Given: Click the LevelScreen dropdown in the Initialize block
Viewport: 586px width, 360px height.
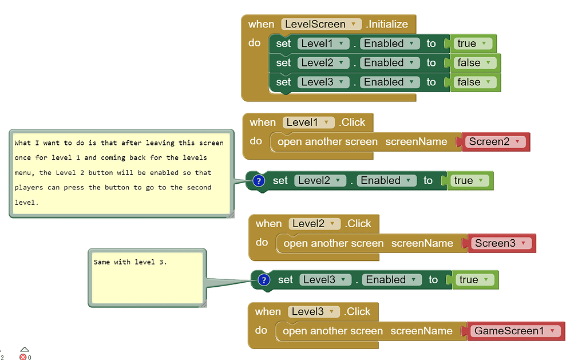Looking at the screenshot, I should [322, 24].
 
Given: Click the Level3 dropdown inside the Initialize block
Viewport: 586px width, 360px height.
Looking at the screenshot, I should [322, 82].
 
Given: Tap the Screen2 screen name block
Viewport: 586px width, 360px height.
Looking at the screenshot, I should [494, 141].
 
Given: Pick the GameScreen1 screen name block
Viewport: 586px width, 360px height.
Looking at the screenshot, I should [513, 331].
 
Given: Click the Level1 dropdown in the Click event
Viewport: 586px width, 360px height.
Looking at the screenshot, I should [308, 122].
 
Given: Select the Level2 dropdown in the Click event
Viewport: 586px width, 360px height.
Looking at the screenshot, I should [314, 224].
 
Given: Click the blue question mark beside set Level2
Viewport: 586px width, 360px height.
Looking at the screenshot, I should [258, 181].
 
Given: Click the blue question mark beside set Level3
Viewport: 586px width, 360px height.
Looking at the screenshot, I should [264, 280].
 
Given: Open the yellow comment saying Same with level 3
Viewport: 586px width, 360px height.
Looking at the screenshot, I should [146, 278].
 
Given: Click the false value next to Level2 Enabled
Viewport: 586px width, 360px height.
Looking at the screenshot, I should [473, 63].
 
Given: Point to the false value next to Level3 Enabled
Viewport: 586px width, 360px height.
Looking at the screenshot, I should [473, 82].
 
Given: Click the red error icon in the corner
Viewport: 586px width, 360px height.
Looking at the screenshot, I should [23, 357].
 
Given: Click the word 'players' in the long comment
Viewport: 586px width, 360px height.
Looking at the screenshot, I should [27, 187].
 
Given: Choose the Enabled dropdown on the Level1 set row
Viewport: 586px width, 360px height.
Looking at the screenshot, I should [389, 43].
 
